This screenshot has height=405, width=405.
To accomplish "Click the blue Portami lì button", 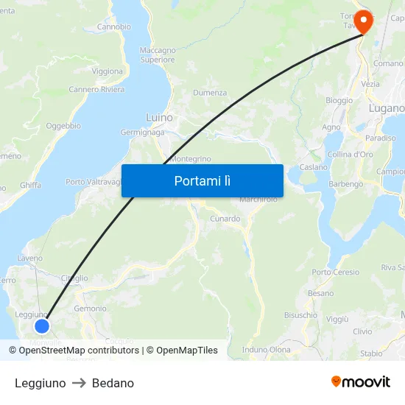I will click(202, 180).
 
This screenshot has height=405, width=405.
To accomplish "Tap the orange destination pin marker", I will click(364, 21).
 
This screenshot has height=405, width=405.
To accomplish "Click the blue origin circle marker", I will click(42, 325).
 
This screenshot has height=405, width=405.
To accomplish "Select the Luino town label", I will click(159, 117).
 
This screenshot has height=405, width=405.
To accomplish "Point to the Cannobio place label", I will click(114, 27).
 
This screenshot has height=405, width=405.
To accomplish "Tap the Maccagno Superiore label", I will click(158, 55).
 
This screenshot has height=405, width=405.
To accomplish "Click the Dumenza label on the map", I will click(210, 93).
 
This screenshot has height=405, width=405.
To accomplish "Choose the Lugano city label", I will click(386, 108).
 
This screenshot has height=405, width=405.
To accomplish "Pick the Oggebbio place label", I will click(63, 126).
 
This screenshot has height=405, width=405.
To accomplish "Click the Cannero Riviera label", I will click(96, 90).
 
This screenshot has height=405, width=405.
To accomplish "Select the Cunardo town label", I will click(225, 219).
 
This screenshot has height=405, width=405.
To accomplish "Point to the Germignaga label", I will click(143, 133).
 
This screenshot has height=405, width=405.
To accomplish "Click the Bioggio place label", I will click(339, 100).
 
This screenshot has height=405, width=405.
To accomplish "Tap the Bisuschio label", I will click(300, 314).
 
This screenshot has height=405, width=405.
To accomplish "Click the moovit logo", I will click(360, 381).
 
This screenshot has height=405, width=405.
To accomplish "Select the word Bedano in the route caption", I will click(113, 383).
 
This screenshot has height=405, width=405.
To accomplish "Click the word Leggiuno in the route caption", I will click(40, 383).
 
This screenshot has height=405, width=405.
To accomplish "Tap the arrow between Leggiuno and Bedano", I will click(79, 383).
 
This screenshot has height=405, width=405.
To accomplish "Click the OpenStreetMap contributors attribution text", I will click(79, 351).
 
